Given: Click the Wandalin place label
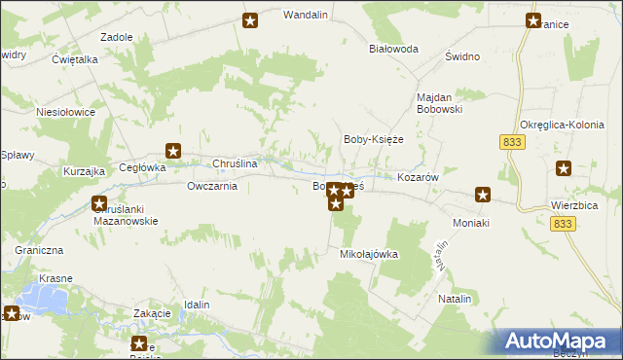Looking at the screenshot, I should coord(303,16).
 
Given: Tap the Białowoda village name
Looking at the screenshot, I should coord(393,48).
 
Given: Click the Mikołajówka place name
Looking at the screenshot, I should coord(369,254).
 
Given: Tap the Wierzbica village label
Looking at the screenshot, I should coord(572,206).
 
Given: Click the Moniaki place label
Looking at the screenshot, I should coord(472,223).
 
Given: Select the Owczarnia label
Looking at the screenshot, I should coord(212,186).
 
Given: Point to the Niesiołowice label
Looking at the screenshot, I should coord(65,112).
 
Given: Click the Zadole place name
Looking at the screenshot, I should coord(117,36).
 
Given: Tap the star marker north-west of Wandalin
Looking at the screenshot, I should coord(250,20).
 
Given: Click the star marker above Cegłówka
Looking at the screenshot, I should coord(173,150).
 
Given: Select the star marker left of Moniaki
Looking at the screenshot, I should coord(482,195).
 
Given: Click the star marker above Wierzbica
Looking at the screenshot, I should coord(564,168).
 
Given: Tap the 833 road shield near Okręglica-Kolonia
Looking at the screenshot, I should coord(512,142).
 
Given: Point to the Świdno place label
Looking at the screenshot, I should coord(462,56).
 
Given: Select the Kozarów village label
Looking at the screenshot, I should coord(421,178).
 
